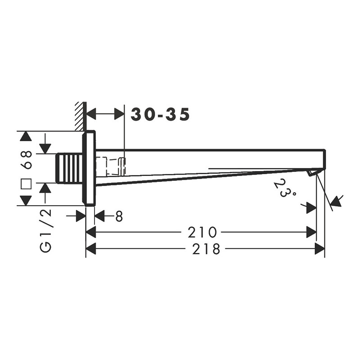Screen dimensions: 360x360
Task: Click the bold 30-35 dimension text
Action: pyautogui.click(x=160, y=114)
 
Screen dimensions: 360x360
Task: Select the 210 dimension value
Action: pyautogui.click(x=202, y=232)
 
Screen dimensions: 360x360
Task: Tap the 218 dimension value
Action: pyautogui.click(x=206, y=249)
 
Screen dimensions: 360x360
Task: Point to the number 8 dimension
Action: pyautogui.click(x=119, y=216)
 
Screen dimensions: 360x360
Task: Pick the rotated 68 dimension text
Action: pyautogui.click(x=26, y=160)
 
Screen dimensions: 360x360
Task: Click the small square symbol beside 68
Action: pyautogui.click(x=26, y=184)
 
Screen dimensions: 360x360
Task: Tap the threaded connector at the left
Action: pyautogui.click(x=69, y=168)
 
